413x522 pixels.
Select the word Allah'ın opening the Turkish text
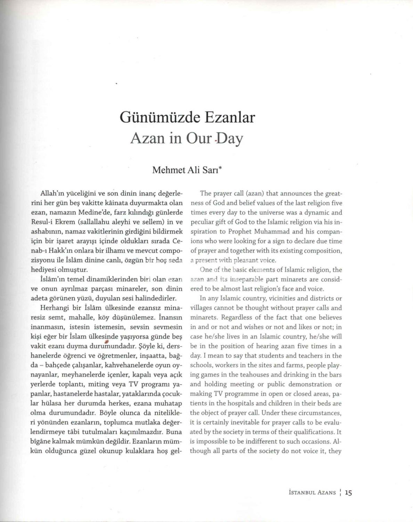click(x=52, y=193)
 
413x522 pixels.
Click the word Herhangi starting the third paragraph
click(x=53, y=308)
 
